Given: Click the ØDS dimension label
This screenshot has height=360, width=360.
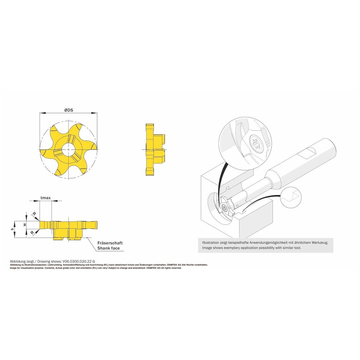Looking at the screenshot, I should click(69, 110).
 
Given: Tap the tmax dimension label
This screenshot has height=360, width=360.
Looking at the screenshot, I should click(46, 198).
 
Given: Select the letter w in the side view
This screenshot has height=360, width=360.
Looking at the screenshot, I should click(25, 224).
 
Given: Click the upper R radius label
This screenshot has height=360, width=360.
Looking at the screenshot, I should click(34, 214).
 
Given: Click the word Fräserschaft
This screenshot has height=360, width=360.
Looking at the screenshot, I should click(110, 243).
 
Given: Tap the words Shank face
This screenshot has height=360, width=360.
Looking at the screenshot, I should click(108, 248).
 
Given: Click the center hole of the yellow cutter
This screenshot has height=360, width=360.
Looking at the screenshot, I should click(69, 149).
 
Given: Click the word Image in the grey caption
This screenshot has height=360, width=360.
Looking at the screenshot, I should click(207, 248).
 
